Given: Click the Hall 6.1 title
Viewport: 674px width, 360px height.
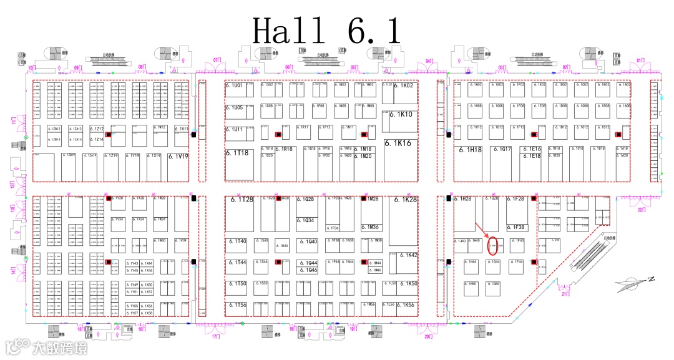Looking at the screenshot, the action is [x=326, y=31].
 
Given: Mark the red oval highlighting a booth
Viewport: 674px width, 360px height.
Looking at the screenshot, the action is [x=492, y=244].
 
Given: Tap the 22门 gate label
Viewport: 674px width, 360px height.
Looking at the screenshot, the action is [x=641, y=211].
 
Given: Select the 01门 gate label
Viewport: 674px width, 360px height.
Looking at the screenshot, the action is [x=640, y=61].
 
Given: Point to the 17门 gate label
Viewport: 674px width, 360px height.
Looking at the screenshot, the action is [x=216, y=337].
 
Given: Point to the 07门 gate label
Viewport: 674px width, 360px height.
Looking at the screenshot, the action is [x=218, y=60].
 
